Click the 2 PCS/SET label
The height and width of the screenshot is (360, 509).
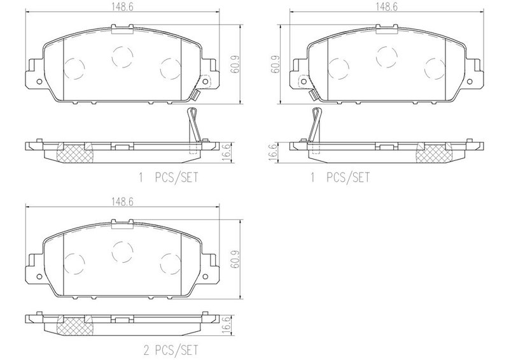171,350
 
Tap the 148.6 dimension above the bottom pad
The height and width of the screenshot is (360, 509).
122,202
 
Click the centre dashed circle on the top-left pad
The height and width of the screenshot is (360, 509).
122,57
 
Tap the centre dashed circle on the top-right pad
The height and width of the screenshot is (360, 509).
387,57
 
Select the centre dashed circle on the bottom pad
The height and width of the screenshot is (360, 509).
122,252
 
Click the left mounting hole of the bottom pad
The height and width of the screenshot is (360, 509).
39,277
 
